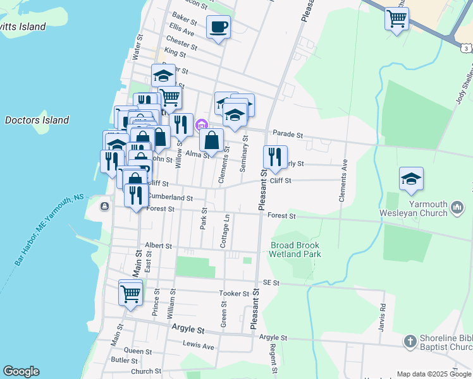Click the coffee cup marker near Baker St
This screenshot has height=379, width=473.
click(218, 27)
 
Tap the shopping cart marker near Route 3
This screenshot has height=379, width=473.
click(396, 20)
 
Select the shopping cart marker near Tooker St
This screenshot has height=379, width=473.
click(130, 293)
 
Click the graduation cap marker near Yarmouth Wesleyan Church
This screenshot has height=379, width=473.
click(411, 179)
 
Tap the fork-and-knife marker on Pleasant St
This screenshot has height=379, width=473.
click(275, 157)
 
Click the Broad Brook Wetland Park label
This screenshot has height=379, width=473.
click(295, 250)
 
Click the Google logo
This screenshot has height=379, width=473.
click(21, 371)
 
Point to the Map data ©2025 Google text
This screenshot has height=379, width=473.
click(434, 374)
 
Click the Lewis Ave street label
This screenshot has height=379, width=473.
click(199, 346)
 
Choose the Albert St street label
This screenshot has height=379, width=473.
click(157, 244)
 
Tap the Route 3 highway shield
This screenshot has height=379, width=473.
click(465, 48)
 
